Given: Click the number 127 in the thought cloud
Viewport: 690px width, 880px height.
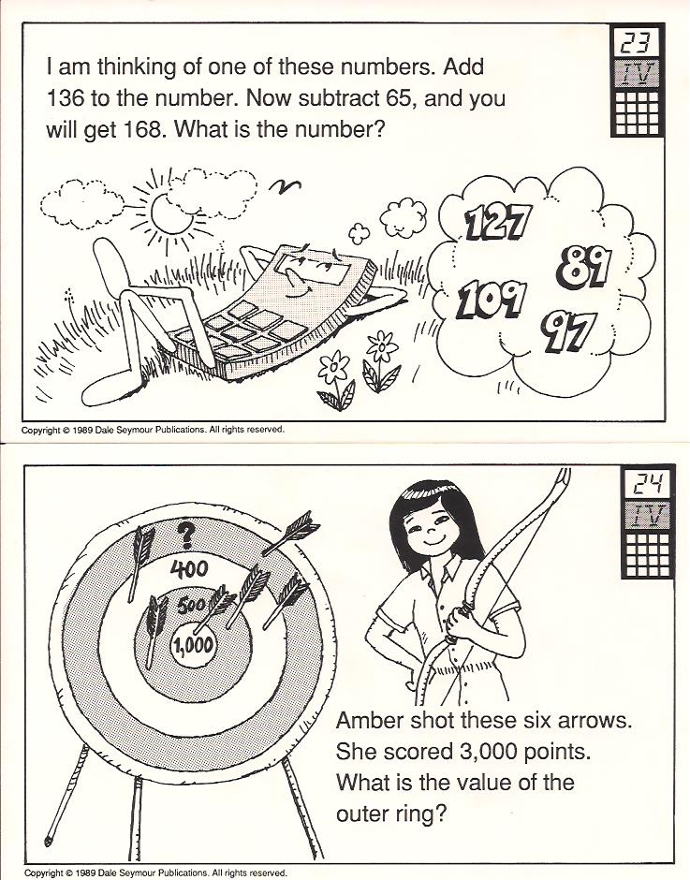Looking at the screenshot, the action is [497, 222].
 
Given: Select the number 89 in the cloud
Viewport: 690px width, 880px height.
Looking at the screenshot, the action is [584, 266].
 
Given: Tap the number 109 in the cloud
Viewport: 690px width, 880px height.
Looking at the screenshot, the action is [492, 301].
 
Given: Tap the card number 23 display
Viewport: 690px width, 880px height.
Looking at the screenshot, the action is [639, 43].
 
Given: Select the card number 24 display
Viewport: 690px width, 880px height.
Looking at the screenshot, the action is [649, 484].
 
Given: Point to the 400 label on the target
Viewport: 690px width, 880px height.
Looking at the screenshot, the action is [189, 569].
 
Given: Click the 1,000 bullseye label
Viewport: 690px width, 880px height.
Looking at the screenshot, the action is [193, 645].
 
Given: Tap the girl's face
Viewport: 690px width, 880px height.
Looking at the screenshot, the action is [432, 528].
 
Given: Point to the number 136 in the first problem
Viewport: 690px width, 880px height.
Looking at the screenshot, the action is [64, 99].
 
